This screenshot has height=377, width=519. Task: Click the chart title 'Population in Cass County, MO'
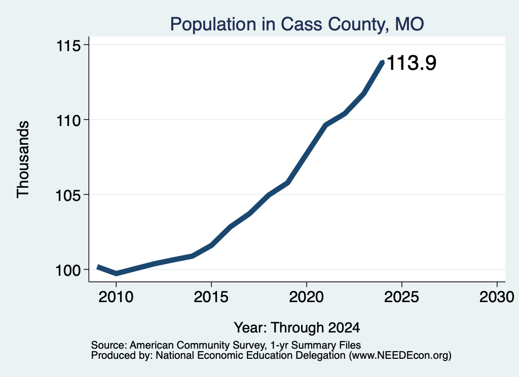tap(297, 24)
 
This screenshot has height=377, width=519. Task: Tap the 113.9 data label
tap(412, 63)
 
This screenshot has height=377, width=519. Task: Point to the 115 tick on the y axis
tap(68, 45)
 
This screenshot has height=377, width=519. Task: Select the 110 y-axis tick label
tap(68, 120)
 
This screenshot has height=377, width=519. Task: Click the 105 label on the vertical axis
tap(68, 195)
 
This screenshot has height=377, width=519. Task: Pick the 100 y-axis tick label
tap(68, 270)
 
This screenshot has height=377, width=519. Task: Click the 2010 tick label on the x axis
tap(116, 297)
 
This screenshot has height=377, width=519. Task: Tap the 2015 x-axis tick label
tap(211, 297)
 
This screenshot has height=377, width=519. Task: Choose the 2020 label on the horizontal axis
tap(307, 297)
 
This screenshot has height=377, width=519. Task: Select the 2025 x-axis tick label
tap(401, 297)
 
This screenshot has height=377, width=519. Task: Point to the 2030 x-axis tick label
tap(497, 297)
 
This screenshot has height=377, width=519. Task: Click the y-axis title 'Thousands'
tap(23, 159)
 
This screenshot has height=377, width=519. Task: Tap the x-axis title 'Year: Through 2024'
tap(297, 327)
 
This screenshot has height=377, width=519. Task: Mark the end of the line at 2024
tap(383, 62)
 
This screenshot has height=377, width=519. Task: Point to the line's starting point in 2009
tap(98, 267)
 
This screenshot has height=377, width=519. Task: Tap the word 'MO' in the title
tap(410, 24)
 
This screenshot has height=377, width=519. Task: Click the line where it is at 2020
tap(307, 155)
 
